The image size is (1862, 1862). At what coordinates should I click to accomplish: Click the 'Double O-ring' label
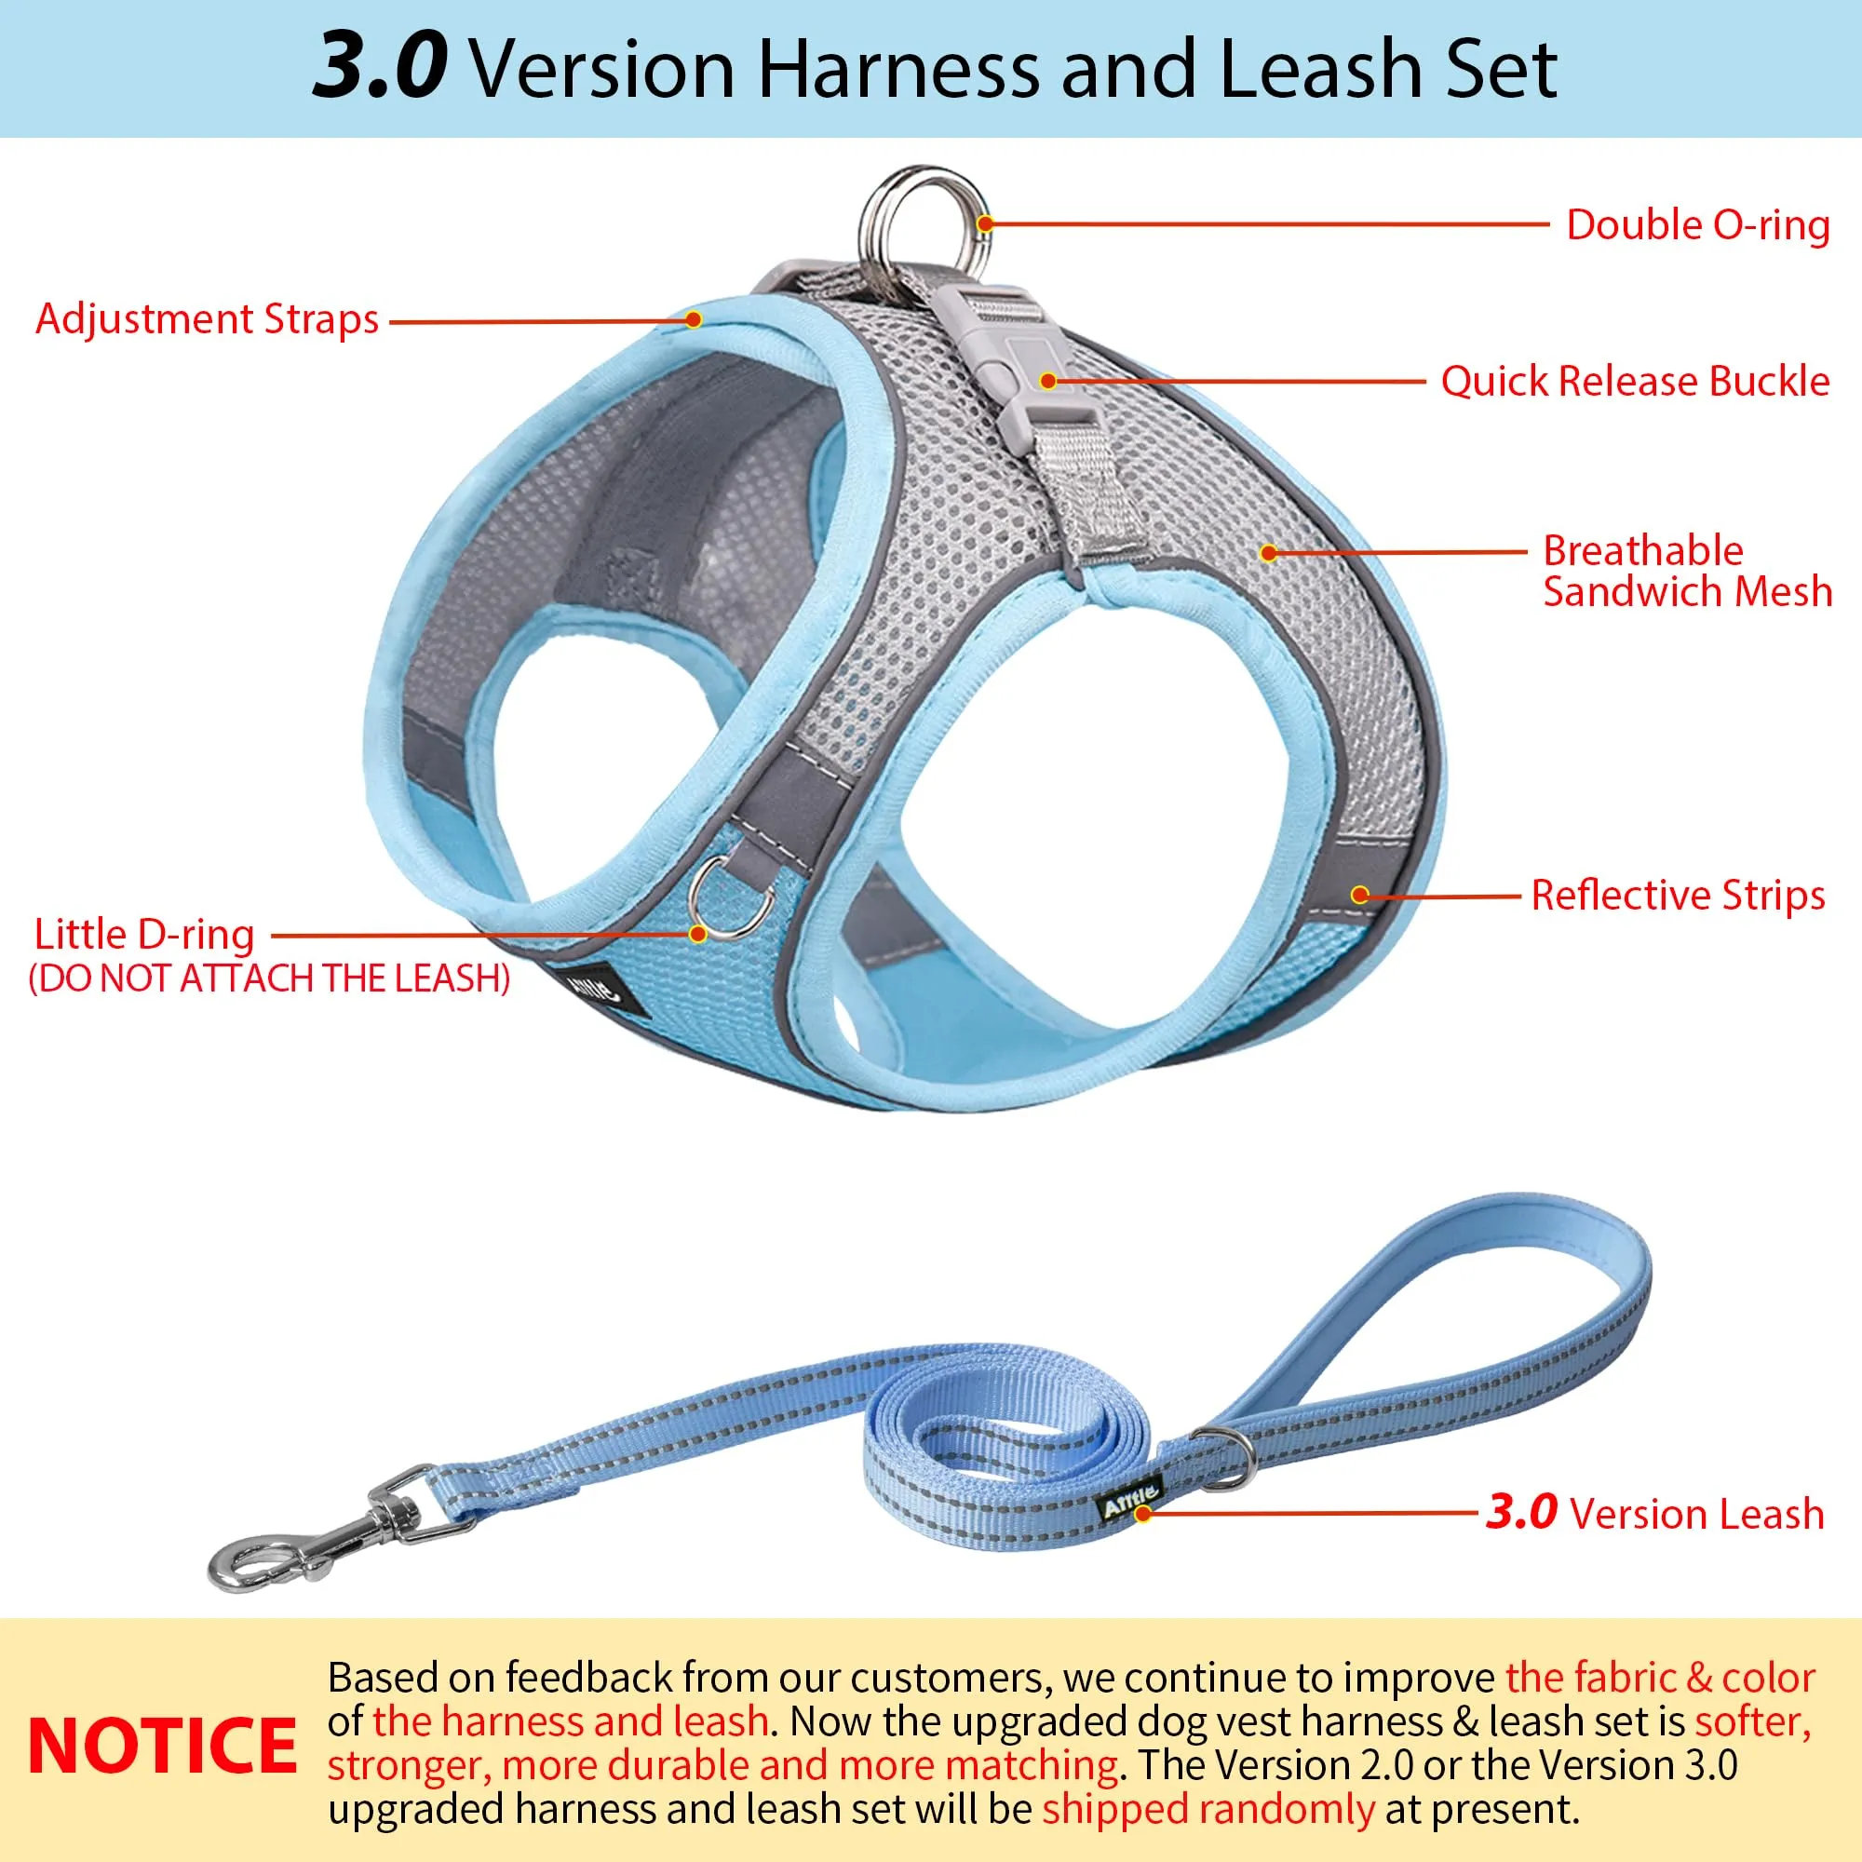tap(1697, 225)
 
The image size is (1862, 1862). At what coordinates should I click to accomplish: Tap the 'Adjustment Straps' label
tap(208, 320)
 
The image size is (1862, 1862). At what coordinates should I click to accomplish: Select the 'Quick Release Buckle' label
tap(1635, 382)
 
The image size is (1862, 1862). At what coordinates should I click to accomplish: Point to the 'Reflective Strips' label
tap(1678, 896)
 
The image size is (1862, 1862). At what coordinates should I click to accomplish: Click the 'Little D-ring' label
tap(144, 935)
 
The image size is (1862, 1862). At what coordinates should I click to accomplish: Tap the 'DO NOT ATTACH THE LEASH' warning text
tap(269, 979)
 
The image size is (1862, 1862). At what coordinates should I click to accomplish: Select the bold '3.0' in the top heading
tap(380, 66)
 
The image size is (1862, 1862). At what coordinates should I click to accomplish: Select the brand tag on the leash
tap(1129, 1497)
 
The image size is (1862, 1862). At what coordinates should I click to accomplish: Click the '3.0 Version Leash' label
tap(1654, 1513)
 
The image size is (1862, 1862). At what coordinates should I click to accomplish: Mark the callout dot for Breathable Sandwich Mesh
tap(1269, 553)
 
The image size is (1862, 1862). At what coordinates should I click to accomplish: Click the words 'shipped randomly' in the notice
tap(1208, 1809)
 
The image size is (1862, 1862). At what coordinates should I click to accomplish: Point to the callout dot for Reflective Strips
tap(1360, 896)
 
